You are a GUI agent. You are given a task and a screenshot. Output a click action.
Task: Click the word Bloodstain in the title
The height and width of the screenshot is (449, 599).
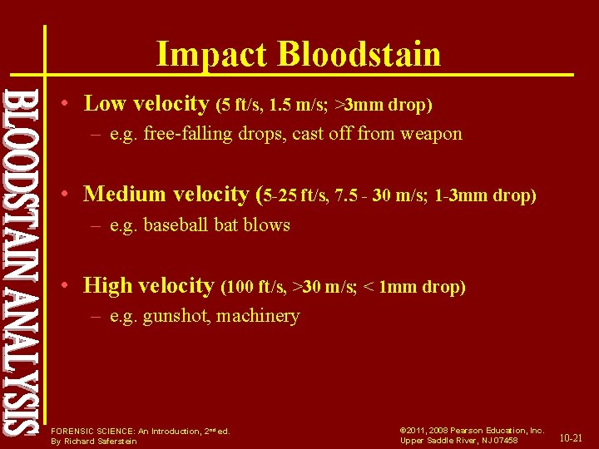click(x=359, y=54)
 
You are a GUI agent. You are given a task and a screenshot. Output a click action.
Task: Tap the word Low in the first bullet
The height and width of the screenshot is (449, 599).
click(x=104, y=104)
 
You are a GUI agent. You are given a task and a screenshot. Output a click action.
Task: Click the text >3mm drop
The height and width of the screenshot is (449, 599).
click(x=383, y=106)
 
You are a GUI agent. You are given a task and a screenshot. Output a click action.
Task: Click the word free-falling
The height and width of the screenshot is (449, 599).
click(x=186, y=134)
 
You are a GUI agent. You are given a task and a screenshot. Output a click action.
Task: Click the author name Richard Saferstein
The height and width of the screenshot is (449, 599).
click(x=105, y=441)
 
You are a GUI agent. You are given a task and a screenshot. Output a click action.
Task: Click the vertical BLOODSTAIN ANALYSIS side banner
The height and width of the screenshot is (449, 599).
click(x=20, y=262)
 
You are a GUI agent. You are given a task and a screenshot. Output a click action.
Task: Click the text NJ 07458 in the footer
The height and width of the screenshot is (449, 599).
click(x=498, y=441)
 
